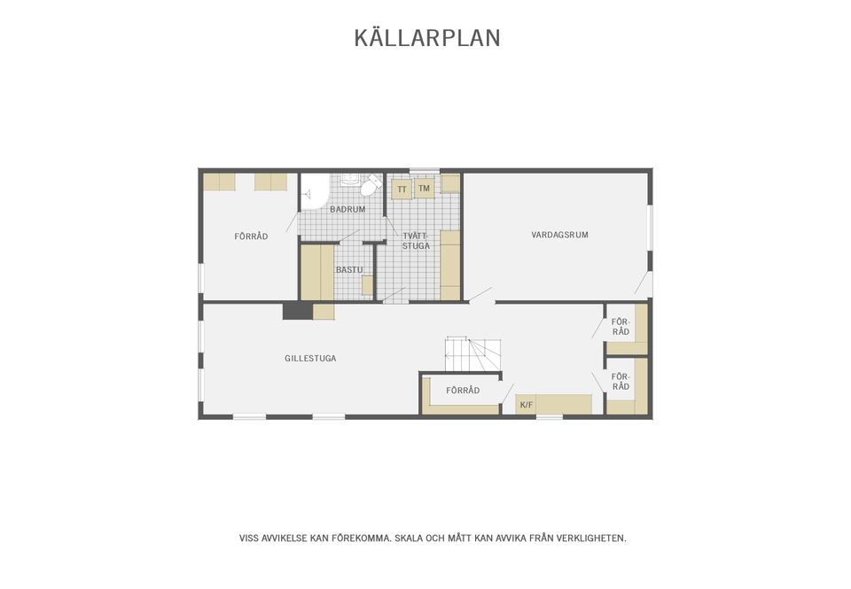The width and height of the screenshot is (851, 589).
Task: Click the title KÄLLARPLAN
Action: click(x=427, y=38)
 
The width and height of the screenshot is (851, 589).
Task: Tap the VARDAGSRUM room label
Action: click(x=559, y=235)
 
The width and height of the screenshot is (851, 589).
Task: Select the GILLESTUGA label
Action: click(x=310, y=359)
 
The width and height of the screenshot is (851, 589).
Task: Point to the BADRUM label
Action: click(x=347, y=210)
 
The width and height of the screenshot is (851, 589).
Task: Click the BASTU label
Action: click(x=349, y=269)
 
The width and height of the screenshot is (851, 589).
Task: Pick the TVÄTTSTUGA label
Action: click(x=416, y=241)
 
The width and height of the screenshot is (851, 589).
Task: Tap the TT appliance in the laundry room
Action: click(x=402, y=190)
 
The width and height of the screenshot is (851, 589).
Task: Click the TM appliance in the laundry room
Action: click(x=424, y=189)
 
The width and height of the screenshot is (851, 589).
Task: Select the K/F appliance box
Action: click(x=527, y=405)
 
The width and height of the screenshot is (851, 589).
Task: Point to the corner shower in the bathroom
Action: click(x=314, y=191)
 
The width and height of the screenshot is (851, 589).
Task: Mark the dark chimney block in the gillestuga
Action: click(x=297, y=311)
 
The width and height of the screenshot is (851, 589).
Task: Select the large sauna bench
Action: click(x=316, y=272)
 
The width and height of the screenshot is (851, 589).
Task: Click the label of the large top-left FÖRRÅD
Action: click(x=251, y=236)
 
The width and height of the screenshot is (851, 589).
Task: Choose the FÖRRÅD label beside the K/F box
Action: click(x=463, y=391)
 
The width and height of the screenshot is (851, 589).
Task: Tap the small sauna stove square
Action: click(x=367, y=284)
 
